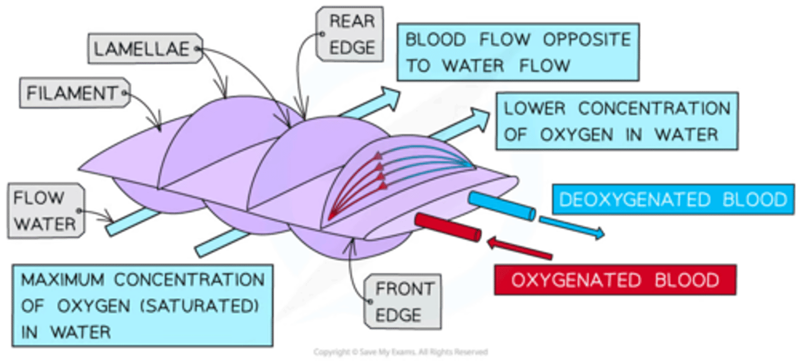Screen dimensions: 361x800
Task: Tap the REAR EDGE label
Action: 349,34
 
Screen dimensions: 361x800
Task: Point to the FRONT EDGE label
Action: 403,302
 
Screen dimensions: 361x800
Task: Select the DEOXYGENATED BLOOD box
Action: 673,199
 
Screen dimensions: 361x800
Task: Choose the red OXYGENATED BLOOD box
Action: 614,279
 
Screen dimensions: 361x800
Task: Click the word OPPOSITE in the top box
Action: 588,40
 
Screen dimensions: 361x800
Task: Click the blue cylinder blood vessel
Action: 502,205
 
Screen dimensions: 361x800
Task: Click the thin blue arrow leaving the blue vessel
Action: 572,228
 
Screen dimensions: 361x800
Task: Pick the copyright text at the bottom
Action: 400,352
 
